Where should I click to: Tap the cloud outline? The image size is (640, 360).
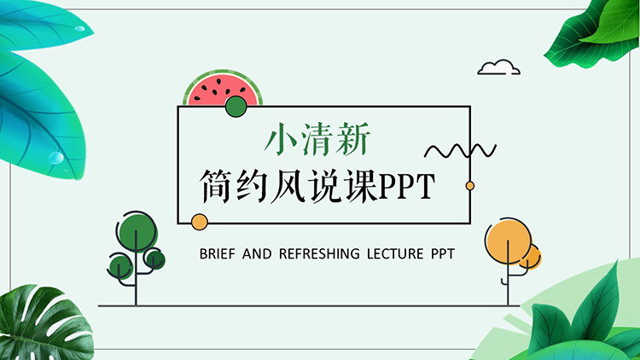[499, 67]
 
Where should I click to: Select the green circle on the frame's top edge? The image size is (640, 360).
[236, 107]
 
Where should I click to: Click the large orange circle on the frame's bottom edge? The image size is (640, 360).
[200, 222]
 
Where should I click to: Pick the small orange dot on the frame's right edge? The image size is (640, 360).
[470, 186]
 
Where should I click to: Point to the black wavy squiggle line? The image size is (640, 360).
[460, 151]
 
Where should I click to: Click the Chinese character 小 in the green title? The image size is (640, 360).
[280, 139]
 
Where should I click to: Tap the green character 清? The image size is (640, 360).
[317, 139]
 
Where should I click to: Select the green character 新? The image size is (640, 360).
[353, 139]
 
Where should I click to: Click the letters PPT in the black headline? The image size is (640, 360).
[406, 186]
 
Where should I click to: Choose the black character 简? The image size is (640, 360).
[217, 186]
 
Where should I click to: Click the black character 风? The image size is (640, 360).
[288, 186]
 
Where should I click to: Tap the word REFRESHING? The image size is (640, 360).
[319, 254]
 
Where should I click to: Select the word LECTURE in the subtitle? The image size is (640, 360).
[395, 254]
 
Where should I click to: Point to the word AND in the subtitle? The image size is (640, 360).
[257, 254]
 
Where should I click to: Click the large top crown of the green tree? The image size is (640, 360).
[137, 231]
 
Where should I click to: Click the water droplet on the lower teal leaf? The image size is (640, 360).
[56, 157]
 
